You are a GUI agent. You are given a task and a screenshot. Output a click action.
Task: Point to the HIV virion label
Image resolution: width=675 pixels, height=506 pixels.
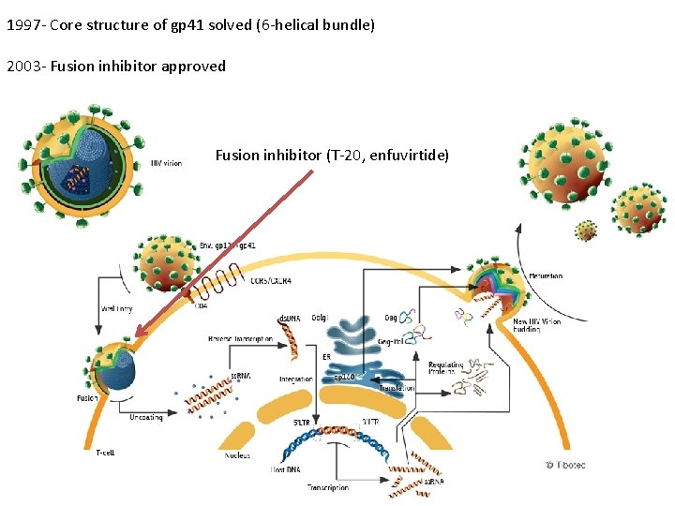tap(167, 163)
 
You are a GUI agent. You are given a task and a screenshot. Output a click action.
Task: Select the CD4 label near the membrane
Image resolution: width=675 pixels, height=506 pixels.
tap(201, 304)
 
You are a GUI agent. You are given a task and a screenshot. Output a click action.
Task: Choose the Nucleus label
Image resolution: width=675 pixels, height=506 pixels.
tap(237, 455)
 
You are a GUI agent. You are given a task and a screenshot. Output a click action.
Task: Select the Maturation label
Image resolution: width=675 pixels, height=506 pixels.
tap(545, 276)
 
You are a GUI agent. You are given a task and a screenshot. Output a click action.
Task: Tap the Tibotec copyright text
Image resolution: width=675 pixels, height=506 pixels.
tap(564, 465)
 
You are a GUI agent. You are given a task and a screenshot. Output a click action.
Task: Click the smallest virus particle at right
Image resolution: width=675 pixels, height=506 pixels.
tap(586, 231)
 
